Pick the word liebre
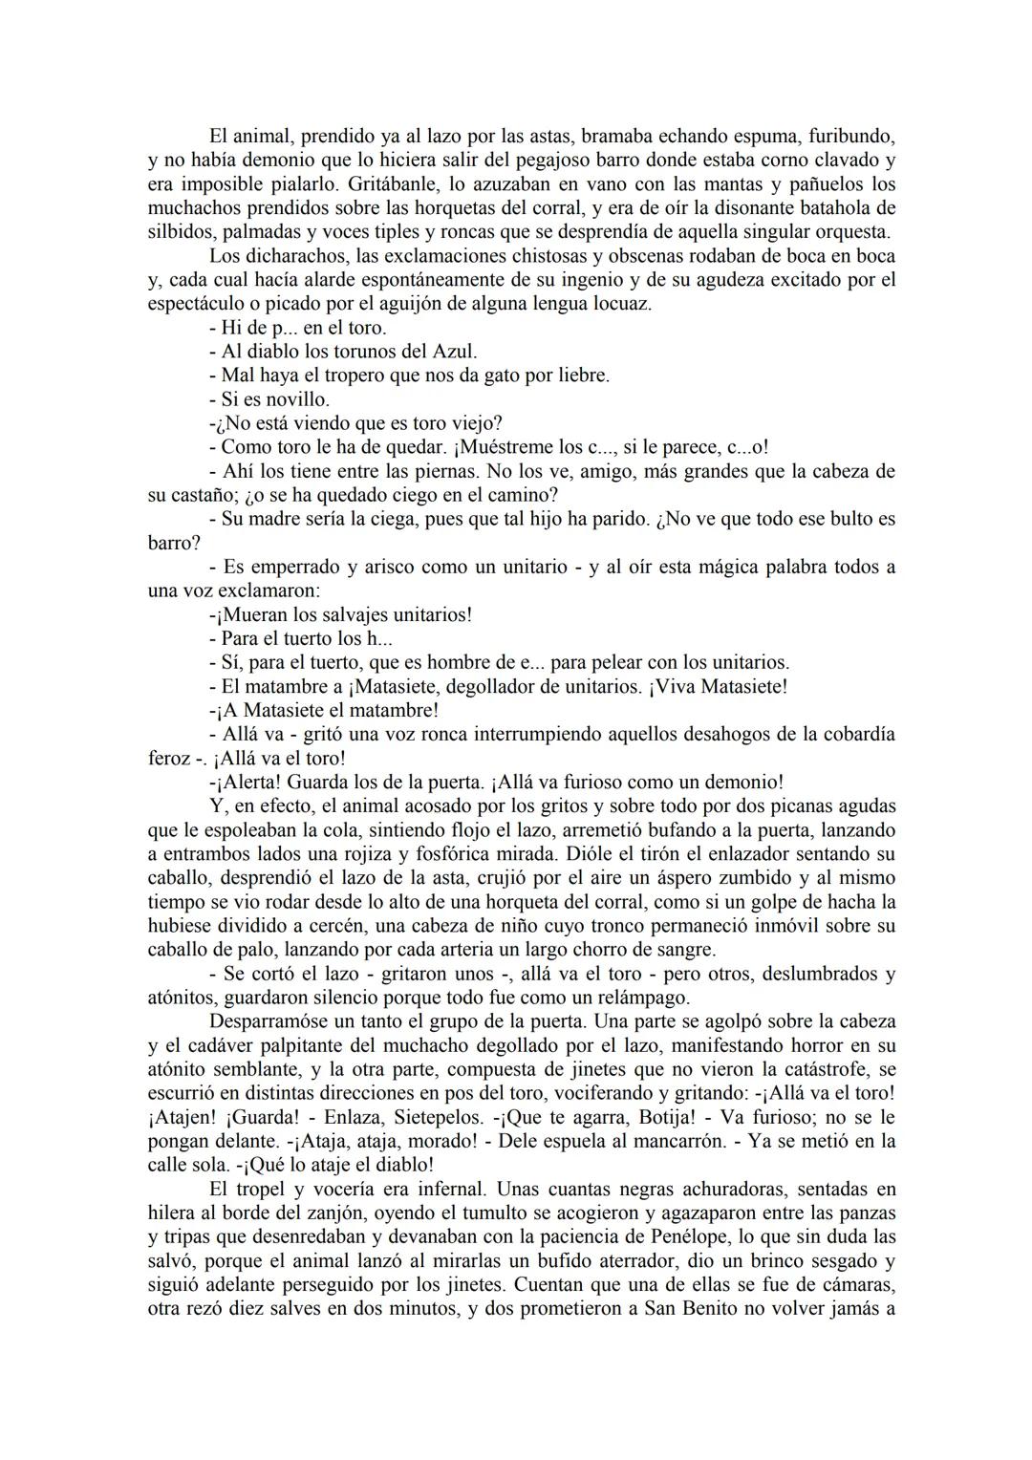click(x=578, y=376)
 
